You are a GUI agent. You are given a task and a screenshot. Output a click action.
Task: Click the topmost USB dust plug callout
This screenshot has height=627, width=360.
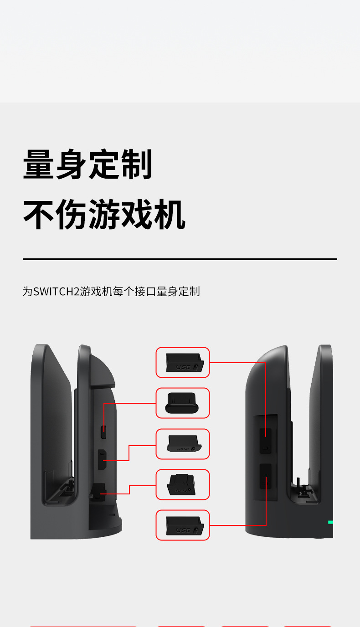[183, 362]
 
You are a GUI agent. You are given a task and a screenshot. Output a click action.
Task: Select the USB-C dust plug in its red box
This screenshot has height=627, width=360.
[183, 403]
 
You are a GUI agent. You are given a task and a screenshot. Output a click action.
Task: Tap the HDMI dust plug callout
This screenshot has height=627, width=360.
[183, 444]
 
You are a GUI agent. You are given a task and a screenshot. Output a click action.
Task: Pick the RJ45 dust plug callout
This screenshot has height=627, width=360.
[183, 484]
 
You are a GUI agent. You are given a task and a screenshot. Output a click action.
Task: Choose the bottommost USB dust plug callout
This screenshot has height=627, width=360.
[183, 525]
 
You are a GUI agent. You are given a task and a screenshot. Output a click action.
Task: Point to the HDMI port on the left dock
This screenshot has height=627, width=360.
[103, 460]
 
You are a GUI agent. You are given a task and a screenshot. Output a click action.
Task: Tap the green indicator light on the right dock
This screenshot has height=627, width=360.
[330, 522]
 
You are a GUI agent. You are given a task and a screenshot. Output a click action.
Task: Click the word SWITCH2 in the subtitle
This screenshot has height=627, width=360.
[57, 292]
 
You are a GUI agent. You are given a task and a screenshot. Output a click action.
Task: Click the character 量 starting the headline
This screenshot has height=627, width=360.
[39, 164]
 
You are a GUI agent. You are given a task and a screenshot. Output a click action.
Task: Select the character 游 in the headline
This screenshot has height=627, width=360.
[104, 214]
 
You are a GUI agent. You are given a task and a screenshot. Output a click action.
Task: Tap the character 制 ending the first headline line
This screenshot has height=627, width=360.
[137, 164]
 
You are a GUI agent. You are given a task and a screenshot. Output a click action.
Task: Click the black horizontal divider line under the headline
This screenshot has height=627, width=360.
[180, 259]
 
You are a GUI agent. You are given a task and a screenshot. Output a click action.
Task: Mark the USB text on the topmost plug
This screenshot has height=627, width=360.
[183, 367]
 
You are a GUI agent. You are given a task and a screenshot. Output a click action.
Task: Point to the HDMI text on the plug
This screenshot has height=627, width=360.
[182, 449]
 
